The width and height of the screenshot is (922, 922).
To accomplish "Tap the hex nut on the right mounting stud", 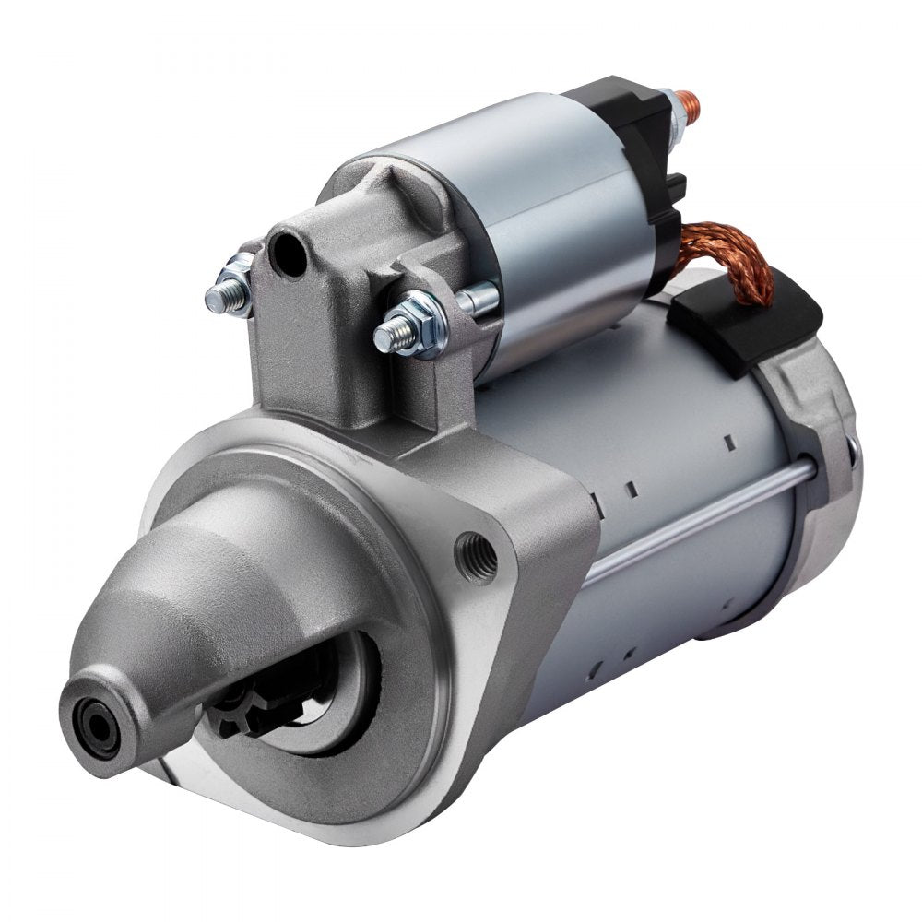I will [427, 322].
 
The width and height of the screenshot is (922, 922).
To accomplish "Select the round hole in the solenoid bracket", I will [290, 247].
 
